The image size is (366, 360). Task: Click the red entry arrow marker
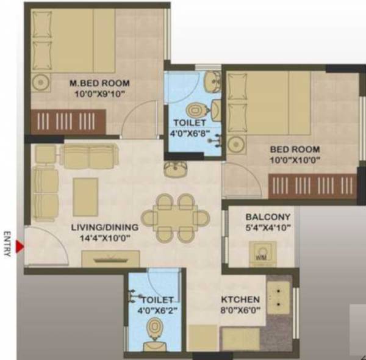point(20,247)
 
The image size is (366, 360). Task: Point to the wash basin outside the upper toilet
point(174,168)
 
